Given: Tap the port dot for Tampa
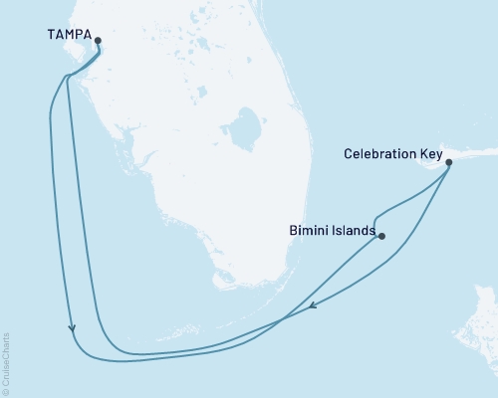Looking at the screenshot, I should (98, 41).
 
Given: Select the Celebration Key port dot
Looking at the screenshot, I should (448, 162).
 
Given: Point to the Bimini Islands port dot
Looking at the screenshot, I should (381, 237).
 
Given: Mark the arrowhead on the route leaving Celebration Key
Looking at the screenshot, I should (314, 305).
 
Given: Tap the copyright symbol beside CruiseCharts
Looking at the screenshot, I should (6, 391).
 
